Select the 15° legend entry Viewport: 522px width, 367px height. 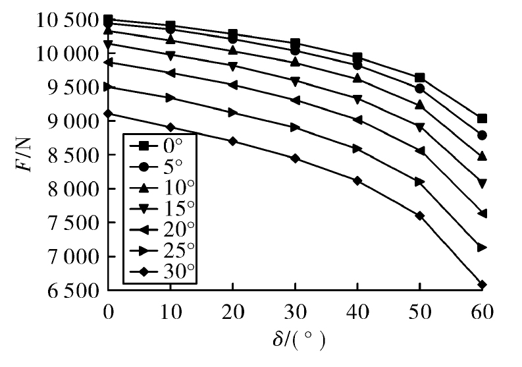(x=162, y=209)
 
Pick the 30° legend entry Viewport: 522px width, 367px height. (x=162, y=271)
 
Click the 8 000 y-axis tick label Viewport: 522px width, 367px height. (x=74, y=189)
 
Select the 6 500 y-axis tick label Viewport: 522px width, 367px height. (x=74, y=291)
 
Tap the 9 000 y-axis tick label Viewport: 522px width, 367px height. (x=74, y=122)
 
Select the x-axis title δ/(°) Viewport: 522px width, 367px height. (x=299, y=340)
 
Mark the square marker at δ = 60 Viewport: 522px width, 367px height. (x=482, y=119)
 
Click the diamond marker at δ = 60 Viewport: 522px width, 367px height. (x=482, y=285)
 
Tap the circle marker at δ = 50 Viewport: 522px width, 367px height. (x=420, y=89)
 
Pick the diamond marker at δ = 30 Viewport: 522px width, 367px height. (x=295, y=158)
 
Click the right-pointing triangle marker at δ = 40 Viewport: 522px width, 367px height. (x=357, y=149)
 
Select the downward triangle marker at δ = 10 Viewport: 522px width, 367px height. (x=170, y=55)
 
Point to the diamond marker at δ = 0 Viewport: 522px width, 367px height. (x=108, y=114)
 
